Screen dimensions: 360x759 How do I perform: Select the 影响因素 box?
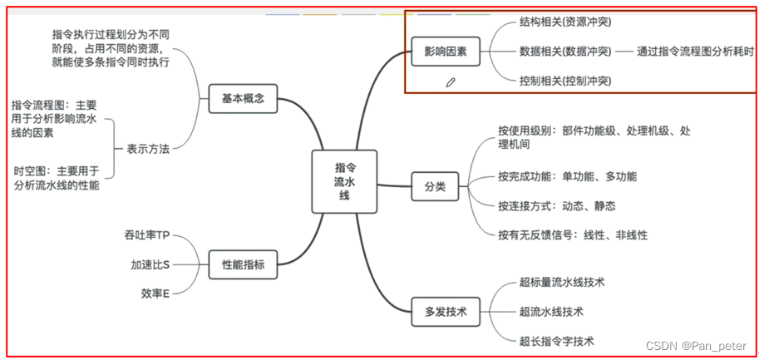[445, 52]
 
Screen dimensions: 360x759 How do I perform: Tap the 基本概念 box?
[243, 98]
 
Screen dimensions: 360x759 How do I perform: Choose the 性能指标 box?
[243, 264]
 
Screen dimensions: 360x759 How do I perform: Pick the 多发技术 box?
[445, 312]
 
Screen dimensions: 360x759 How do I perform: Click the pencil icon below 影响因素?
[451, 81]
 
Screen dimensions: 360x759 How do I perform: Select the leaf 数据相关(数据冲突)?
[564, 52]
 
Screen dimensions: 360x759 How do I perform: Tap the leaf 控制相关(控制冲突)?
[564, 81]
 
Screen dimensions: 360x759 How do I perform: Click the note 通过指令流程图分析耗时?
[696, 52]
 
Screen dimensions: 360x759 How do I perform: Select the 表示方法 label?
[147, 150]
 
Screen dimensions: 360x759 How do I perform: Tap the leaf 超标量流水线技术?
[561, 283]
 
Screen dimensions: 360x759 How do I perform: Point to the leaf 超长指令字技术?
[556, 341]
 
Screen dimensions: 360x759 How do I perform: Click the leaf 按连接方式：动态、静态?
[556, 205]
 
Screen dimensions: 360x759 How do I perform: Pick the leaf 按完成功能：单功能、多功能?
[567, 176]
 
